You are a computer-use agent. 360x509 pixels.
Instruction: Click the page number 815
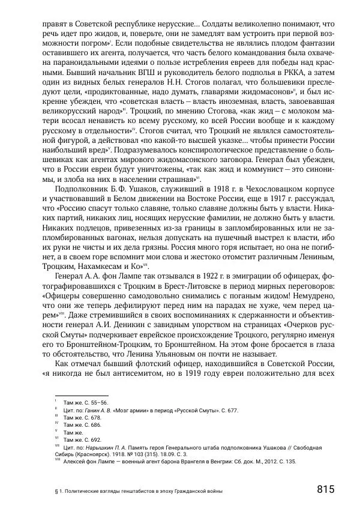coord(325,489)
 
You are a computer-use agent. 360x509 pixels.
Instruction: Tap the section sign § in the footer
coord(56,491)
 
